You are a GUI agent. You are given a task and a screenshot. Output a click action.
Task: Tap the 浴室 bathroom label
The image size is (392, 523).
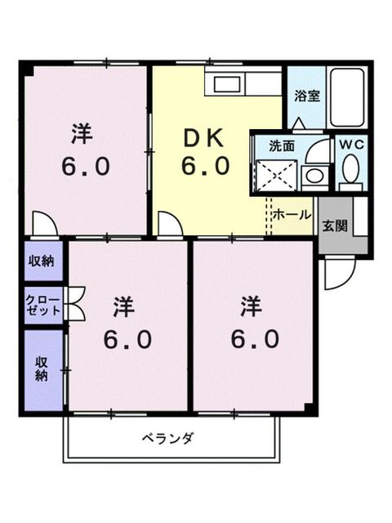(x=307, y=96)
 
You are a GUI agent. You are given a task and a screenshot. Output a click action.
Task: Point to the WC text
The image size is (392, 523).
(x=352, y=145)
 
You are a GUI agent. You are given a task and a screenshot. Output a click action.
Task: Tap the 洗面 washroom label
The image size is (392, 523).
(x=282, y=146)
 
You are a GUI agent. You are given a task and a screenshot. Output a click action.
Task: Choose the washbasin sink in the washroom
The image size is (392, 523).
(x=312, y=175)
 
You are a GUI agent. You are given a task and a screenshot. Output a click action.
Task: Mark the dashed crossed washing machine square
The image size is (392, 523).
(x=274, y=174)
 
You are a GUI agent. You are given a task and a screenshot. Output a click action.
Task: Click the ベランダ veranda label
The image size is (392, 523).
(x=172, y=440)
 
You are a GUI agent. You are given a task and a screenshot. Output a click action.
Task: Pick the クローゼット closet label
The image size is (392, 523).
(x=42, y=305)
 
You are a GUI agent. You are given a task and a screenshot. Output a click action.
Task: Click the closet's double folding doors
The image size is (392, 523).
(x=76, y=305)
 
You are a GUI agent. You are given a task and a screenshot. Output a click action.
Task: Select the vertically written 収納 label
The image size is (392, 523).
(x=42, y=370)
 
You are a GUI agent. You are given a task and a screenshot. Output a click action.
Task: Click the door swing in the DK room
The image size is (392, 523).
(x=170, y=222)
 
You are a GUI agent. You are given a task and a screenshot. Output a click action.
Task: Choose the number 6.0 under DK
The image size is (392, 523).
(x=203, y=167)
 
